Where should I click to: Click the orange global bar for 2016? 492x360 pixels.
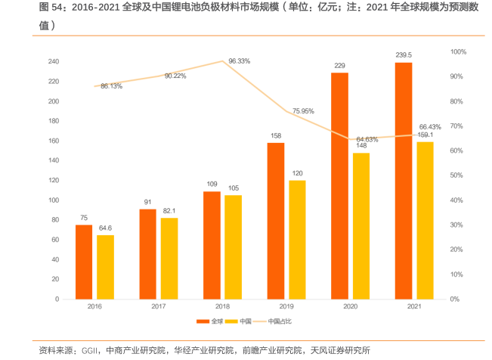84,262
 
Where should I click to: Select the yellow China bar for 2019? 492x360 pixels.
297,239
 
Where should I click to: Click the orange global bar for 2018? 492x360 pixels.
212,245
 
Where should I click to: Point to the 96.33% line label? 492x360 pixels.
239,61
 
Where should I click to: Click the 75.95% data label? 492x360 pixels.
303,111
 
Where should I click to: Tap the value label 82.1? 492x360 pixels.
169,210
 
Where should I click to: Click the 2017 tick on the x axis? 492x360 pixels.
159,306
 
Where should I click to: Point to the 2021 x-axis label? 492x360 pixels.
413,306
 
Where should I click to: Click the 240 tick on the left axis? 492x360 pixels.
54,61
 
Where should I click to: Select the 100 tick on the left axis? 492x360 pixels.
54,200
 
